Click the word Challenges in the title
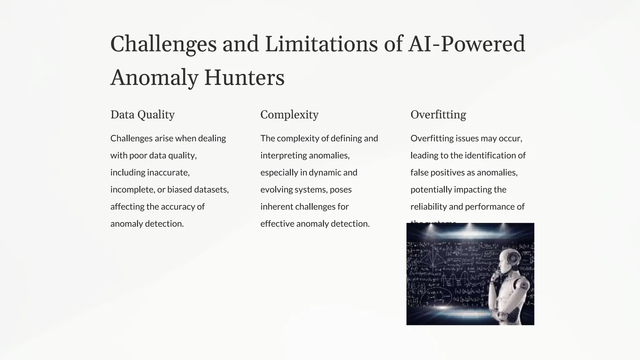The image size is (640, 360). point(163,44)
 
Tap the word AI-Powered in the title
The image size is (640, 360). point(467,44)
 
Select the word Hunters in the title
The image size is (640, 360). point(244,77)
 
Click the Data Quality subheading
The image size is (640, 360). point(142,115)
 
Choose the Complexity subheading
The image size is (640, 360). point(289,115)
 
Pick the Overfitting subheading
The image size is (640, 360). point(438,115)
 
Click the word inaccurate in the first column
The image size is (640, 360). point(168,172)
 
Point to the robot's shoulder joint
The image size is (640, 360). point(522,284)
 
